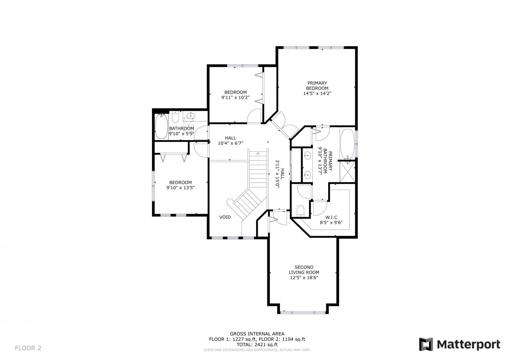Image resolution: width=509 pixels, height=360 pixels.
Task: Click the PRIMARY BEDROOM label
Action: [x=317, y=86]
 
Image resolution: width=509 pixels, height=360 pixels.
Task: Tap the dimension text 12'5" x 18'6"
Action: [x=304, y=278]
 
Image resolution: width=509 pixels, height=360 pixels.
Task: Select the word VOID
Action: [x=225, y=217]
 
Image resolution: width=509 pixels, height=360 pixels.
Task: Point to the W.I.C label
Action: [x=331, y=217]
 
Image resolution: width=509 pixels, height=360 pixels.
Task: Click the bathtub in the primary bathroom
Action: [x=347, y=145]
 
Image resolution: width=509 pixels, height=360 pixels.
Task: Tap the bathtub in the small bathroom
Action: [x=161, y=127]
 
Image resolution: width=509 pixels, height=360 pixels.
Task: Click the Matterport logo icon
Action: [x=426, y=344]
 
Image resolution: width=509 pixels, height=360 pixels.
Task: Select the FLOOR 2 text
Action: [x=28, y=348]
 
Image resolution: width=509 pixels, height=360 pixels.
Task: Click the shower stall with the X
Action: [x=347, y=172]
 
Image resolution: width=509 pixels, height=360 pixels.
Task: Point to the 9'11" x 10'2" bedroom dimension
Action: [x=235, y=98]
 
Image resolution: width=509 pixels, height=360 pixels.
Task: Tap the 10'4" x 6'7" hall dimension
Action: [x=230, y=143]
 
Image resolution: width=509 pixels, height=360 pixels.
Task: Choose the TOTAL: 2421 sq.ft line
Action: [x=257, y=345]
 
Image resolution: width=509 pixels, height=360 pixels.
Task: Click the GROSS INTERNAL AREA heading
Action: [x=257, y=334]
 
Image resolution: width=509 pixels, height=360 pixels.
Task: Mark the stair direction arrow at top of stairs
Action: [x=258, y=153]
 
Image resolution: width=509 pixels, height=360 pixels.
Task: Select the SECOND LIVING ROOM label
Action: [x=304, y=270]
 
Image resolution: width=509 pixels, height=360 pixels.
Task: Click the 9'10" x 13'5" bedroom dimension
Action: [x=180, y=188]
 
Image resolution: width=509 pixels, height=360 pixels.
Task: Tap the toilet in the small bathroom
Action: [x=175, y=117]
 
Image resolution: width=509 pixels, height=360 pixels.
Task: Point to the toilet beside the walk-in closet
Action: [x=300, y=211]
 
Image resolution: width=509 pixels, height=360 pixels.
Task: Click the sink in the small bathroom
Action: [x=190, y=116]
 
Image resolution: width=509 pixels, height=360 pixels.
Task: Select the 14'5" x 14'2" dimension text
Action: [x=317, y=93]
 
